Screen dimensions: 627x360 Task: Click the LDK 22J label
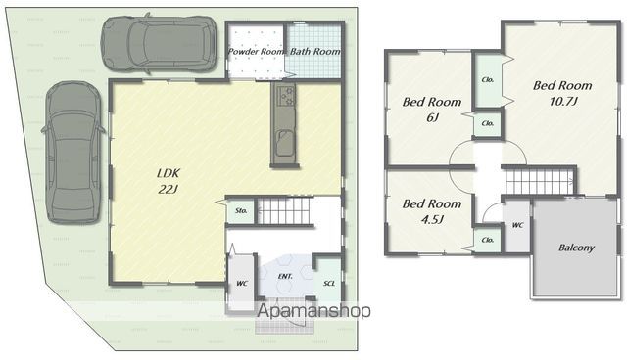169,181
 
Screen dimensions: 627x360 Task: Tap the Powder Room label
257,52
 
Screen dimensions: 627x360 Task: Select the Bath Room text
315,52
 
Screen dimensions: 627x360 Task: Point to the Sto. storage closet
241,210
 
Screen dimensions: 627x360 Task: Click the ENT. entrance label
285,276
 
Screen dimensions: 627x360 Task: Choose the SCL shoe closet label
329,283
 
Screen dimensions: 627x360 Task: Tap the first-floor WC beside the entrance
241,283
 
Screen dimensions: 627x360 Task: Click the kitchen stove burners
285,96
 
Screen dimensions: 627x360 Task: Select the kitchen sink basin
285,143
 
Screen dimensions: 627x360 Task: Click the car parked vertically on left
73,153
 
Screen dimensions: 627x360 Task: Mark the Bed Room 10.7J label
562,93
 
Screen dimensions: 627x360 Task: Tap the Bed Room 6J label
432,110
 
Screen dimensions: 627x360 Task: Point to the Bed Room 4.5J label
432,211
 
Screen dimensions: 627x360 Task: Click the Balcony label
577,247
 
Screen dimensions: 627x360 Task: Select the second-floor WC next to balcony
517,226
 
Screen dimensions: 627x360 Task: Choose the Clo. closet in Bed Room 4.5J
488,240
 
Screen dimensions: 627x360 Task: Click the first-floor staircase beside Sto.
284,211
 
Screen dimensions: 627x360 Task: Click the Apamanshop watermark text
313,310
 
